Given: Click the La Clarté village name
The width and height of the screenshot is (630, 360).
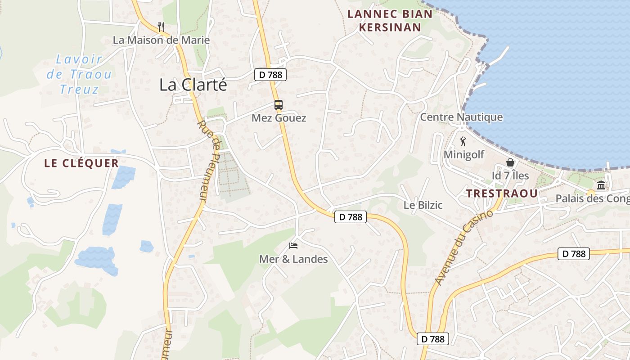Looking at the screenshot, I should [193, 85].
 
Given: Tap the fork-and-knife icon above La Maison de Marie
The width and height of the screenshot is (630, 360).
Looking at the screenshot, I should [161, 27].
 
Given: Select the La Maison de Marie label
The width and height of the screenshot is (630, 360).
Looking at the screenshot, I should [161, 40].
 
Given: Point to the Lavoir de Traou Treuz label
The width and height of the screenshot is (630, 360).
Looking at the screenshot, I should [79, 74].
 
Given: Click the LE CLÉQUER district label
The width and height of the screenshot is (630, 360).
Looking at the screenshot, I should [81, 163].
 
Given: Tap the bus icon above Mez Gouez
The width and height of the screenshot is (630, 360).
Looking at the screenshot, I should [279, 105].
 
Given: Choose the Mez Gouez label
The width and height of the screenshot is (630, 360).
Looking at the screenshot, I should [279, 118].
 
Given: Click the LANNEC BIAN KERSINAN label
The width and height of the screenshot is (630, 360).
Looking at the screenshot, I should [390, 21].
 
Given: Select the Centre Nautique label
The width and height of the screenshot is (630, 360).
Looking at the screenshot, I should [461, 117].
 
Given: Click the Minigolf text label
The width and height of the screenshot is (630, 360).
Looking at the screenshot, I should [464, 154].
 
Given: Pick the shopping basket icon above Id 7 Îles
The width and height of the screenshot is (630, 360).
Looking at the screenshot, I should [510, 162].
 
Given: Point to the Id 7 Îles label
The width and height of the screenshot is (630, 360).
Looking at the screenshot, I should [510, 175].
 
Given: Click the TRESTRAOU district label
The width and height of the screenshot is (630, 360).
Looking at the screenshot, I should [502, 193].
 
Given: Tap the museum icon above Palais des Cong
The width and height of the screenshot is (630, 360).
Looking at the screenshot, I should [601, 185].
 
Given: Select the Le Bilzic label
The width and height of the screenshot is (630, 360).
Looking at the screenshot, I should [423, 205].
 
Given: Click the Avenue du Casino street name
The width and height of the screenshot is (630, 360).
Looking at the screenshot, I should [464, 248].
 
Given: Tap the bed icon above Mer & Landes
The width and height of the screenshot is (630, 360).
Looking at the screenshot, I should [293, 246].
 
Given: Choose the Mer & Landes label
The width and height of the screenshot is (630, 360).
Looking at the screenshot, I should [293, 259].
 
